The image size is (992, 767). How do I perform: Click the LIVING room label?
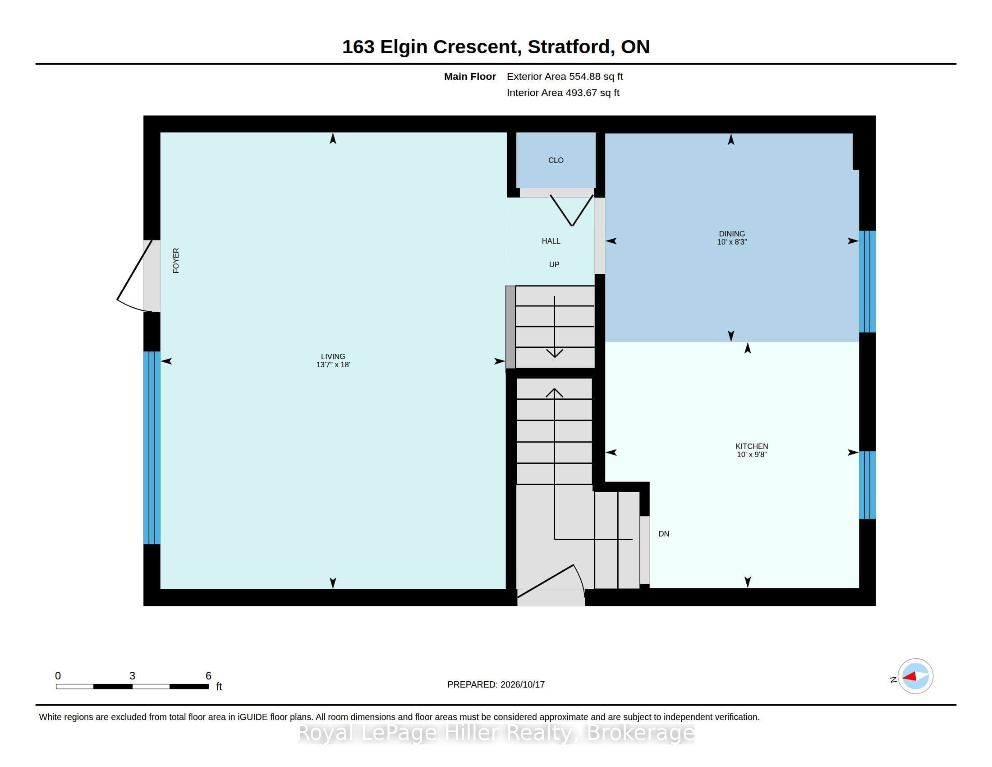click(x=333, y=357)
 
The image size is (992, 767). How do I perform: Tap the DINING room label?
click(x=732, y=234)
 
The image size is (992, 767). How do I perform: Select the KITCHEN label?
click(x=752, y=446)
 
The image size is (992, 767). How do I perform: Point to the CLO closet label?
click(x=556, y=161)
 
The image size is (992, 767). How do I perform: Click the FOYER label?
click(x=176, y=260)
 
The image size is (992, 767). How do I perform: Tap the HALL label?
click(x=551, y=241)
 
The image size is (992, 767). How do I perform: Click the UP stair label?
click(x=554, y=264)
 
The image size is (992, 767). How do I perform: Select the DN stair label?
click(x=664, y=534)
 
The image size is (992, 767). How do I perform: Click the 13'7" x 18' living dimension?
click(x=333, y=365)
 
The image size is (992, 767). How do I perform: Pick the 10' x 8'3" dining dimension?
click(x=732, y=242)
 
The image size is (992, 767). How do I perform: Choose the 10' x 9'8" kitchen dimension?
click(x=752, y=454)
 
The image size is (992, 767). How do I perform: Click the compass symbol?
click(x=915, y=676)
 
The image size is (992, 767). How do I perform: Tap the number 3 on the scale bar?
click(x=132, y=676)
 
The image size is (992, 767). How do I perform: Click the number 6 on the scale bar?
click(x=208, y=676)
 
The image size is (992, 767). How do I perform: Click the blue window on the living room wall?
click(x=152, y=448)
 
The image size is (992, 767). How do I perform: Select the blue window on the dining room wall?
click(x=867, y=282)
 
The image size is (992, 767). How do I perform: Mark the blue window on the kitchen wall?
click(x=867, y=485)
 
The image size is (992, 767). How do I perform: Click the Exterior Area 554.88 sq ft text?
click(x=565, y=77)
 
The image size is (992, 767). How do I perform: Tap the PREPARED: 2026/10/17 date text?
click(x=496, y=684)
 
